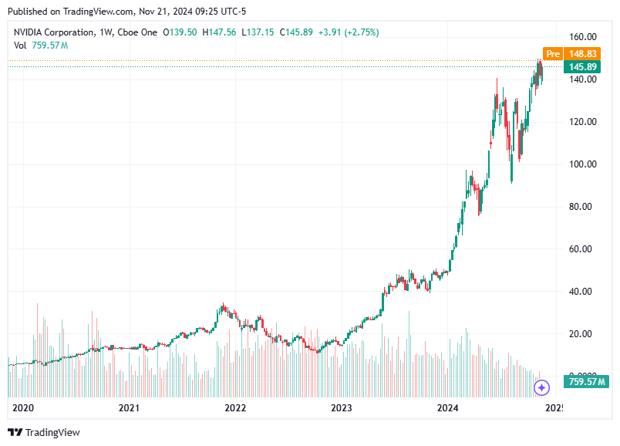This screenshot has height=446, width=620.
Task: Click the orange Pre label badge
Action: tap(552, 53)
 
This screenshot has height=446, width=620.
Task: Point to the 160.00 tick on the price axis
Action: tap(584, 36)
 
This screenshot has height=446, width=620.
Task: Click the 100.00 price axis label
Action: tap(584, 164)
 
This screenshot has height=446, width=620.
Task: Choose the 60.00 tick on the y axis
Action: tap(584, 248)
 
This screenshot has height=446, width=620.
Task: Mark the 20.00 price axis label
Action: tap(584, 333)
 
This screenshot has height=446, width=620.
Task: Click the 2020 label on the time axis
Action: tap(23, 407)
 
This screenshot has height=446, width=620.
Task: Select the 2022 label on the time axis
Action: tap(234, 407)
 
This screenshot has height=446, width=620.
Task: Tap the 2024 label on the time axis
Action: tap(447, 407)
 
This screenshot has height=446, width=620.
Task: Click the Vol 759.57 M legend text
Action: tap(41, 46)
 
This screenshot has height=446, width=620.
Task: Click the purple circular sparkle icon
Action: tap(542, 387)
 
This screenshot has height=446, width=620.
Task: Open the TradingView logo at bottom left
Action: tap(44, 432)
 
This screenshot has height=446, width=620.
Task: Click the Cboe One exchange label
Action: tap(139, 32)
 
